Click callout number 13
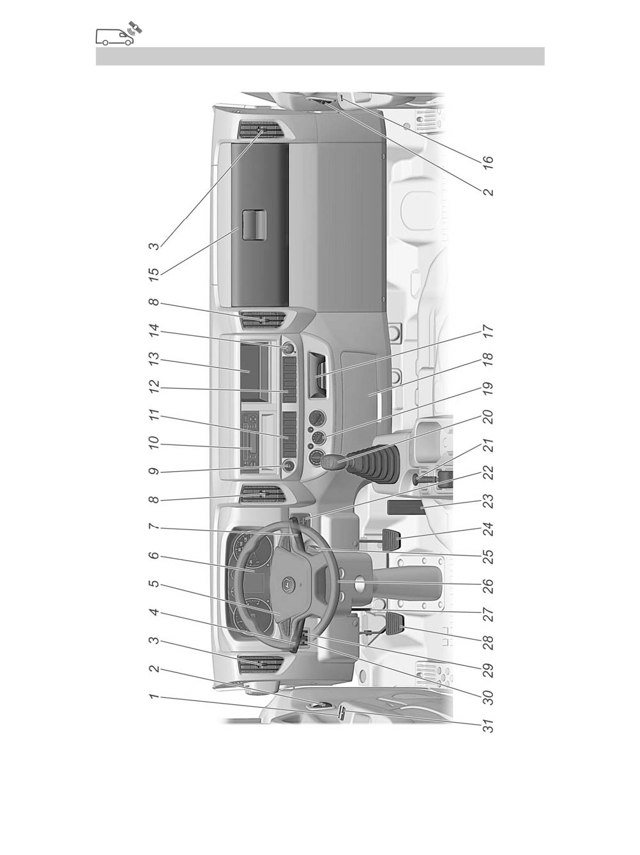(155, 361)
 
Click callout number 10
(155, 444)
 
